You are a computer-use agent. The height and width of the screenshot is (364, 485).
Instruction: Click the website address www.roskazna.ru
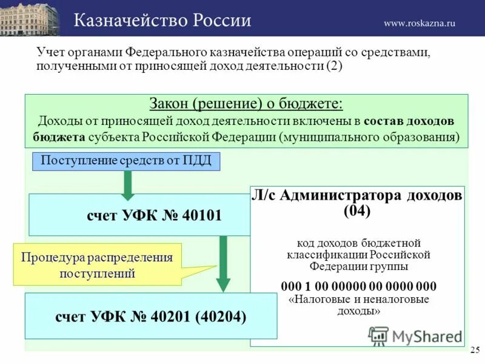point(419,23)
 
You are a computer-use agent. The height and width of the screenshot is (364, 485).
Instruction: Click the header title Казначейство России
point(162,21)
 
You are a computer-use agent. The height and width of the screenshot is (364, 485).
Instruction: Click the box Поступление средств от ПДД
point(125,161)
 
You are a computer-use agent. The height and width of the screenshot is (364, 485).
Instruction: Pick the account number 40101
point(201,215)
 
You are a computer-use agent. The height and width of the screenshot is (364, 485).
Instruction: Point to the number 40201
point(173,316)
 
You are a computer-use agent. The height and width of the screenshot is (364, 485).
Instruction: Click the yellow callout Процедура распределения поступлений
point(97,265)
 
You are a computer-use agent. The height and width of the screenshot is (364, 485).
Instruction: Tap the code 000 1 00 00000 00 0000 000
point(358,286)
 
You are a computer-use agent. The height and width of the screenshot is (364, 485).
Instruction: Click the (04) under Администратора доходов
point(357,211)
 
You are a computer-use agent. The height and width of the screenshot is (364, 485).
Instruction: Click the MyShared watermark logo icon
point(378,336)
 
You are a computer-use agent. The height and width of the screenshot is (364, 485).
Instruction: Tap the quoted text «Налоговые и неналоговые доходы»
point(359,305)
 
